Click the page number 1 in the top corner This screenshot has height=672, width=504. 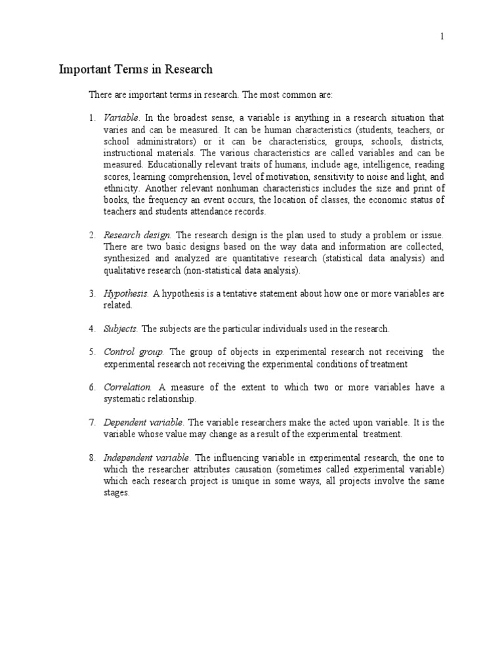pos(442,37)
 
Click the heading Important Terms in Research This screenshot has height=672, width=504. pos(136,69)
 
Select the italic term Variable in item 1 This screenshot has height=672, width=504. pos(121,118)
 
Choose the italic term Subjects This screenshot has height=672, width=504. pos(121,328)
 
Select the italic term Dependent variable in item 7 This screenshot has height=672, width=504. pos(144,422)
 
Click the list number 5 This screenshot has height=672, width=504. pos(92,352)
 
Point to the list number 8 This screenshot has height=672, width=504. pos(92,457)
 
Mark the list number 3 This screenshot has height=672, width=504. pos(92,294)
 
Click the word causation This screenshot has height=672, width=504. pos(261,469)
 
